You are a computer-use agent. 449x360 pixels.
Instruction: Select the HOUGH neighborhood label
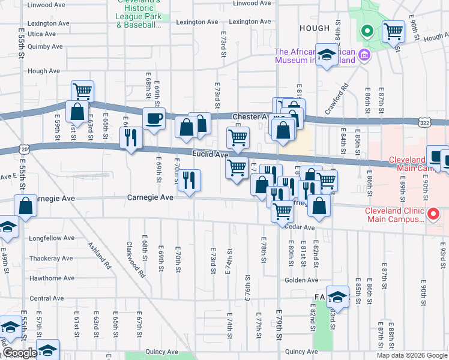314,28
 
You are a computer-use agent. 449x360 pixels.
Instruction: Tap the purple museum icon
364,56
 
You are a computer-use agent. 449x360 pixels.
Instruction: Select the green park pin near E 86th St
365,31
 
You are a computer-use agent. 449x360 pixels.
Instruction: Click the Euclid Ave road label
210,155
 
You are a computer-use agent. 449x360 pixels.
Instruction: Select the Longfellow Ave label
52,238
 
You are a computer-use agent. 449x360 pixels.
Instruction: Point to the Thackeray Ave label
51,259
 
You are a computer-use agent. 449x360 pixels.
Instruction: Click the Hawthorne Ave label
52,278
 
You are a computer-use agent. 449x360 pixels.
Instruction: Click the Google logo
19,353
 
